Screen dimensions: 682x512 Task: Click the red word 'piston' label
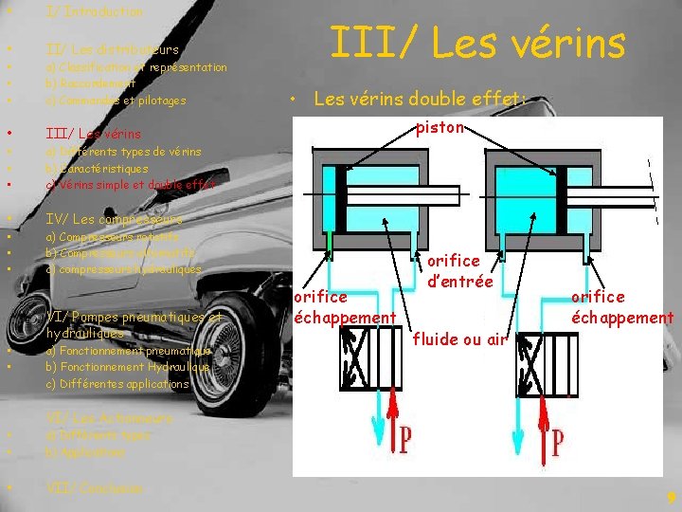(440, 127)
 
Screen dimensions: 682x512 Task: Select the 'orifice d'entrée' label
(459, 270)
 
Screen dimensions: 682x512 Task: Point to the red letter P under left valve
(404, 439)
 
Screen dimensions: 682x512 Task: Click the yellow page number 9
(671, 497)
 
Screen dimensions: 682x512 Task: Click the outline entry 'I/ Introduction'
(94, 12)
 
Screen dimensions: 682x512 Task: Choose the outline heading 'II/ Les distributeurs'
(112, 48)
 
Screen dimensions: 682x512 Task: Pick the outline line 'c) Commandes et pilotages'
(116, 101)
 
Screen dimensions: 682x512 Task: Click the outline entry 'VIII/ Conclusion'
(95, 488)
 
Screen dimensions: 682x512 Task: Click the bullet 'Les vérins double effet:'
(420, 98)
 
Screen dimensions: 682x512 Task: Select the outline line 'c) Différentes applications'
(117, 384)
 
